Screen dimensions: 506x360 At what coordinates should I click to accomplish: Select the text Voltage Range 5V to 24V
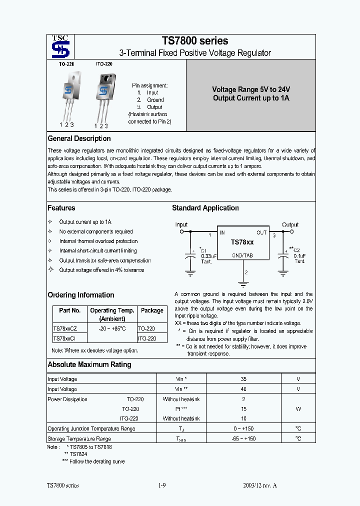click(x=251, y=89)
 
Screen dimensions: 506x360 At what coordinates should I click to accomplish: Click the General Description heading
click(x=79, y=138)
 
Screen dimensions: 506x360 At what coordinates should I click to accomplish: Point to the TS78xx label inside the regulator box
click(x=242, y=242)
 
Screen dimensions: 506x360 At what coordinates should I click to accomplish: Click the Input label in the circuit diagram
click(x=181, y=224)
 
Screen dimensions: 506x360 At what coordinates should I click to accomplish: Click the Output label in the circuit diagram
click(x=290, y=224)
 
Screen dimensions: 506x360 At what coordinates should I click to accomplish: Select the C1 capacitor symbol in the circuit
click(x=190, y=256)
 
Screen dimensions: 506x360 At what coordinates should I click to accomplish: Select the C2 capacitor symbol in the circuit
click(x=283, y=256)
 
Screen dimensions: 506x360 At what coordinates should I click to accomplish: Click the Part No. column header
click(x=69, y=310)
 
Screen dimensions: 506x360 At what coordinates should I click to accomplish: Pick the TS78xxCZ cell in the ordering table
click(x=65, y=328)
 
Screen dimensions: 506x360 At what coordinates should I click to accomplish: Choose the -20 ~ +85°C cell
click(x=111, y=328)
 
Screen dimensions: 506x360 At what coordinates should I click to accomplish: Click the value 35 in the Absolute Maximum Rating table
click(x=243, y=379)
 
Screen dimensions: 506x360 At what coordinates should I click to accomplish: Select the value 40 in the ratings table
click(x=243, y=389)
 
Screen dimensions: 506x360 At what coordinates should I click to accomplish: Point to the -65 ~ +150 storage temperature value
click(x=243, y=438)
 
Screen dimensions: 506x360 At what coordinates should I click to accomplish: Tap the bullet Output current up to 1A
click(x=85, y=222)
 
